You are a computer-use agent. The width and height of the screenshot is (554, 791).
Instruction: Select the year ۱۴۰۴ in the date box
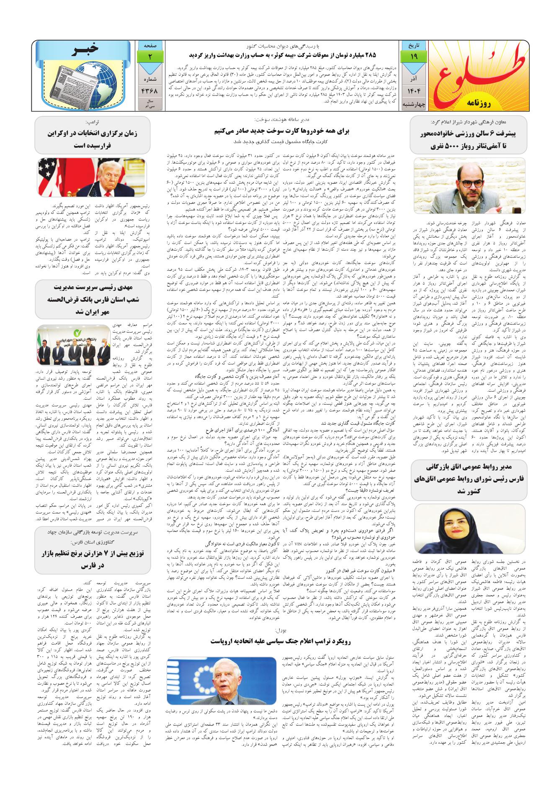click(x=408, y=90)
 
